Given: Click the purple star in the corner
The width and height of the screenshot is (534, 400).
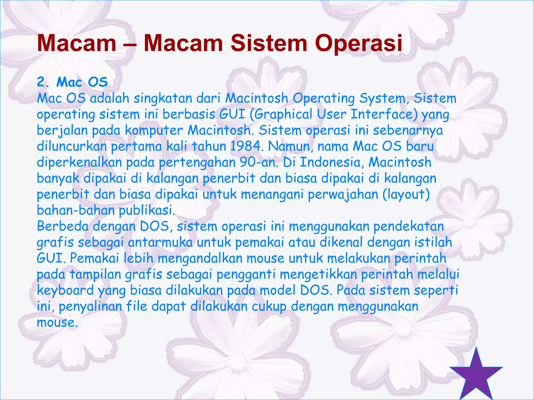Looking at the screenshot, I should (476, 375).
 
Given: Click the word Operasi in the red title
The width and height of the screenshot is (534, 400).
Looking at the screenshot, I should (358, 43).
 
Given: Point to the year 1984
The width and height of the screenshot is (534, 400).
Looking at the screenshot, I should (246, 146).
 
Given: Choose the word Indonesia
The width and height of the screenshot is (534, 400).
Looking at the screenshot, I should (332, 162).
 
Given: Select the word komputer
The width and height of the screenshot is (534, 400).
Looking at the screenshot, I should (154, 130).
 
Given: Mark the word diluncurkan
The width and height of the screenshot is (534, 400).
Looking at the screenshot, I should (72, 146).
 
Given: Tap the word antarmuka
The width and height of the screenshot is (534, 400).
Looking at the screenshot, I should (160, 242).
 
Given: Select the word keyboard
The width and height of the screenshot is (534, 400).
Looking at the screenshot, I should (65, 290).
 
